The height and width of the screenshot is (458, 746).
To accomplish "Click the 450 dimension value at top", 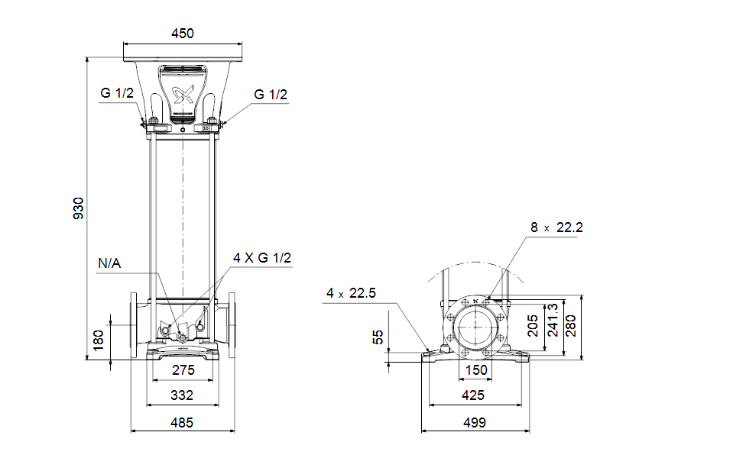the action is [x=183, y=34].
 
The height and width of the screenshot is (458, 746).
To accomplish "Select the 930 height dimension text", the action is [x=78, y=208].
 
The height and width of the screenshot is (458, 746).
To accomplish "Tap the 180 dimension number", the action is [x=98, y=340].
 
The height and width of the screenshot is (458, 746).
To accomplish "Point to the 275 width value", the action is [x=183, y=369].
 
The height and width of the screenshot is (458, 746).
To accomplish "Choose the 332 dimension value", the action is [x=182, y=395].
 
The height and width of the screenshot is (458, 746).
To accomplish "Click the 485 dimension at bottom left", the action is [x=182, y=422].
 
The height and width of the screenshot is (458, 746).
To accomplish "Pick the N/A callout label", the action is [x=109, y=263].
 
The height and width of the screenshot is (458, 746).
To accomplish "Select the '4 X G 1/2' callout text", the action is [x=262, y=257].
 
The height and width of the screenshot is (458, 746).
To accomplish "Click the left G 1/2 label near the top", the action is [x=117, y=92].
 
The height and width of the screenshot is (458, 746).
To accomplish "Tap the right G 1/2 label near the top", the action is [x=271, y=94].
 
